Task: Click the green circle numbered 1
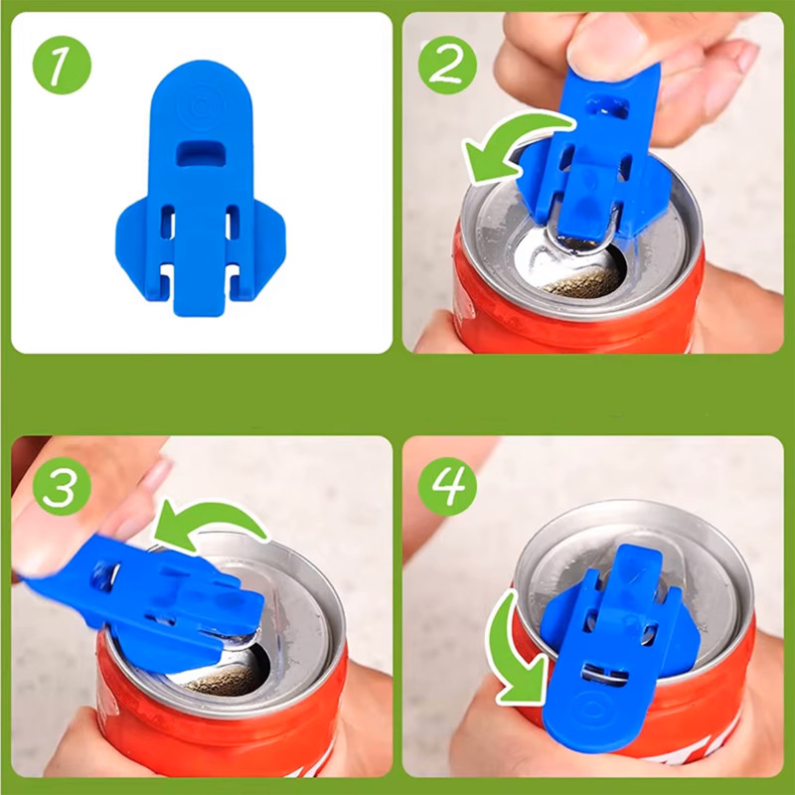(x=62, y=65)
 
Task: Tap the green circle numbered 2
(x=447, y=65)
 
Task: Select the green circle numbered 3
(x=62, y=486)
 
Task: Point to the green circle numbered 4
(x=447, y=486)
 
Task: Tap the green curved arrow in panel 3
(x=213, y=512)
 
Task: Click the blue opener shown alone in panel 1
(x=201, y=188)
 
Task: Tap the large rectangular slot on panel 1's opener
(x=202, y=153)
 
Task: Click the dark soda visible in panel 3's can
(x=223, y=679)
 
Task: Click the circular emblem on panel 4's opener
(x=590, y=709)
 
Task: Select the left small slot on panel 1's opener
(x=168, y=222)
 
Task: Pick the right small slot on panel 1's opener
(x=233, y=222)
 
